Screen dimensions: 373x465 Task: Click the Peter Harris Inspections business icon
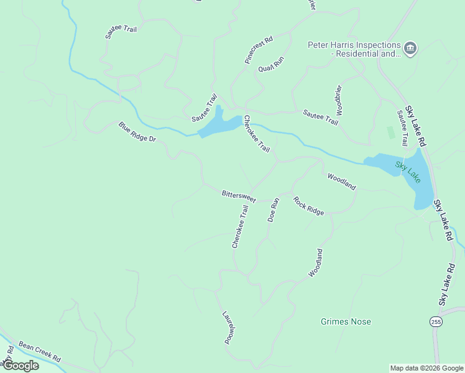pos(410,48)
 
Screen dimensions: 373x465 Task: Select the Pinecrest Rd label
pos(259,50)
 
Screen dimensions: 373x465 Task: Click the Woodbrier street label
pos(339,100)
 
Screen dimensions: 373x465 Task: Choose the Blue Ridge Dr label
pos(137,131)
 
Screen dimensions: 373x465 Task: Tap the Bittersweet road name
pos(239,196)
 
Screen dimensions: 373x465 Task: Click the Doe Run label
pos(274,210)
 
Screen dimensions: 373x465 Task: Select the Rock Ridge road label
pos(309,206)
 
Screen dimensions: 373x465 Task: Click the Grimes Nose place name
pos(346,321)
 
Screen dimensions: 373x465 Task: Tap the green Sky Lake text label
pos(407,172)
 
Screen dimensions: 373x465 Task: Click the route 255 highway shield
pos(436,321)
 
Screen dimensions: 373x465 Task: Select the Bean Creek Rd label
pos(39,351)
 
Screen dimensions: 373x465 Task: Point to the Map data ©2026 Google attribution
pos(426,368)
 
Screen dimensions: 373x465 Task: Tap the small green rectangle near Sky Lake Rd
pos(390,132)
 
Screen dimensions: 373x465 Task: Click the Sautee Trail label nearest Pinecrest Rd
pos(205,106)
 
